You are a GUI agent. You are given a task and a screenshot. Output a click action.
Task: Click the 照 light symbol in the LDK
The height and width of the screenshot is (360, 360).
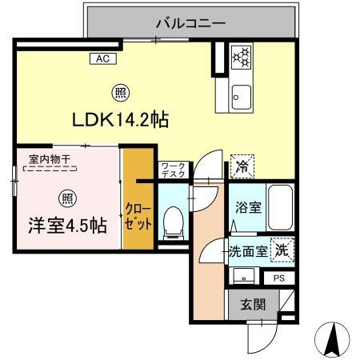tap(118, 92)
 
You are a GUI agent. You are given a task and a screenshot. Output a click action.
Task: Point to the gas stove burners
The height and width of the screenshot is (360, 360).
tap(241, 57)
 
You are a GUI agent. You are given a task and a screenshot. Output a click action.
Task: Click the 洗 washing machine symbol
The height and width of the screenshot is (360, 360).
tap(282, 250)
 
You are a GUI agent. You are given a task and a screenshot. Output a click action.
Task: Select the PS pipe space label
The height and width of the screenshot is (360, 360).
tap(278, 278)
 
